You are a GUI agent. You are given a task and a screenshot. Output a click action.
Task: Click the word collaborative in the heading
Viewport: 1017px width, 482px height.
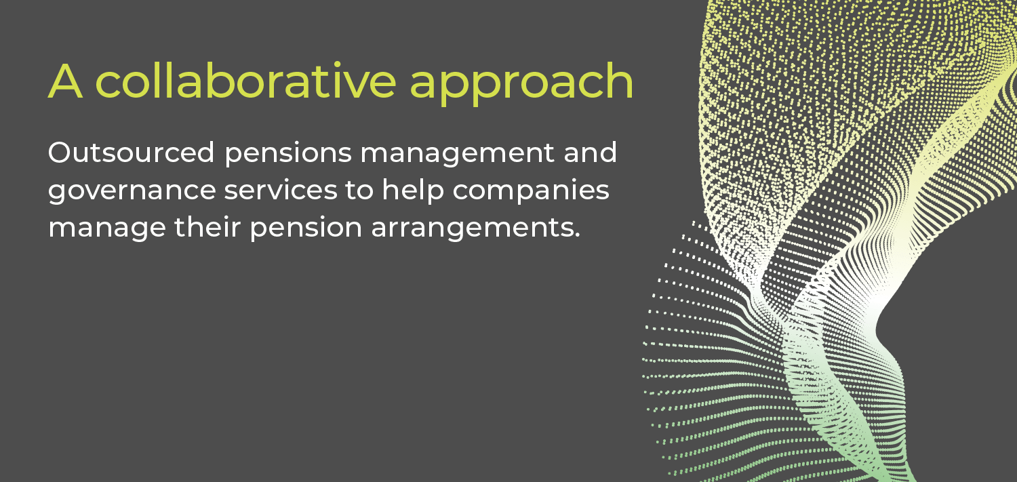point(245,79)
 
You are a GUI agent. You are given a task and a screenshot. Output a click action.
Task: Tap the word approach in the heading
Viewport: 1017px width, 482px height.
point(521,85)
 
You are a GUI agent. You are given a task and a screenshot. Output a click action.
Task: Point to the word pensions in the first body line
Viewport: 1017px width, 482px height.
point(288,155)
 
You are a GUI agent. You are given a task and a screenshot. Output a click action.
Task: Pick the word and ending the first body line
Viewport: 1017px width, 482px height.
point(591,152)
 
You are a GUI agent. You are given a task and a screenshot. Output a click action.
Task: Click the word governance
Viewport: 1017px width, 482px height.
point(132,192)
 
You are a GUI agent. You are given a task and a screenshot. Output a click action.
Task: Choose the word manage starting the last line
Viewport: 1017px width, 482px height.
point(107,229)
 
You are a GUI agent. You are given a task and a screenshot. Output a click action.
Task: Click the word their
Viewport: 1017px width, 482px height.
point(207,226)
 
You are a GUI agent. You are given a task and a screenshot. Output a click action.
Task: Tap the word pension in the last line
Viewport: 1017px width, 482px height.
point(306,229)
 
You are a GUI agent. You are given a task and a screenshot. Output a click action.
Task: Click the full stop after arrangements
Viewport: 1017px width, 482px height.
point(577,235)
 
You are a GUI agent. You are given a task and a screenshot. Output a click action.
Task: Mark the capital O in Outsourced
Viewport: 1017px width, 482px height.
point(61,153)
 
